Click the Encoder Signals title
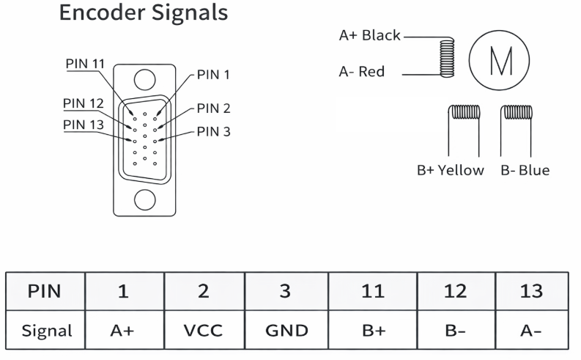tap(143, 13)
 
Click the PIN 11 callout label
tap(86, 63)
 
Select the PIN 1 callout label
tap(214, 74)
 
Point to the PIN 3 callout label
tap(214, 132)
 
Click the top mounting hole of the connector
tap(145, 79)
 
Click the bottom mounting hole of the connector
tap(145, 198)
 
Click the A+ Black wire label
tap(369, 35)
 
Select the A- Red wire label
tap(361, 72)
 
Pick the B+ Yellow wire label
tap(451, 170)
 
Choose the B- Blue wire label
tap(525, 170)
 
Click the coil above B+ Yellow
tap(464, 112)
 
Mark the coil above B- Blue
tap(517, 112)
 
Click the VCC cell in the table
tap(204, 330)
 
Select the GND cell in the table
tap(286, 330)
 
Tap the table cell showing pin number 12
tap(456, 291)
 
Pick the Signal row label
tap(46, 330)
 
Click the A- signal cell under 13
tap(530, 330)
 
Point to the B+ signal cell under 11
tap(373, 330)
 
